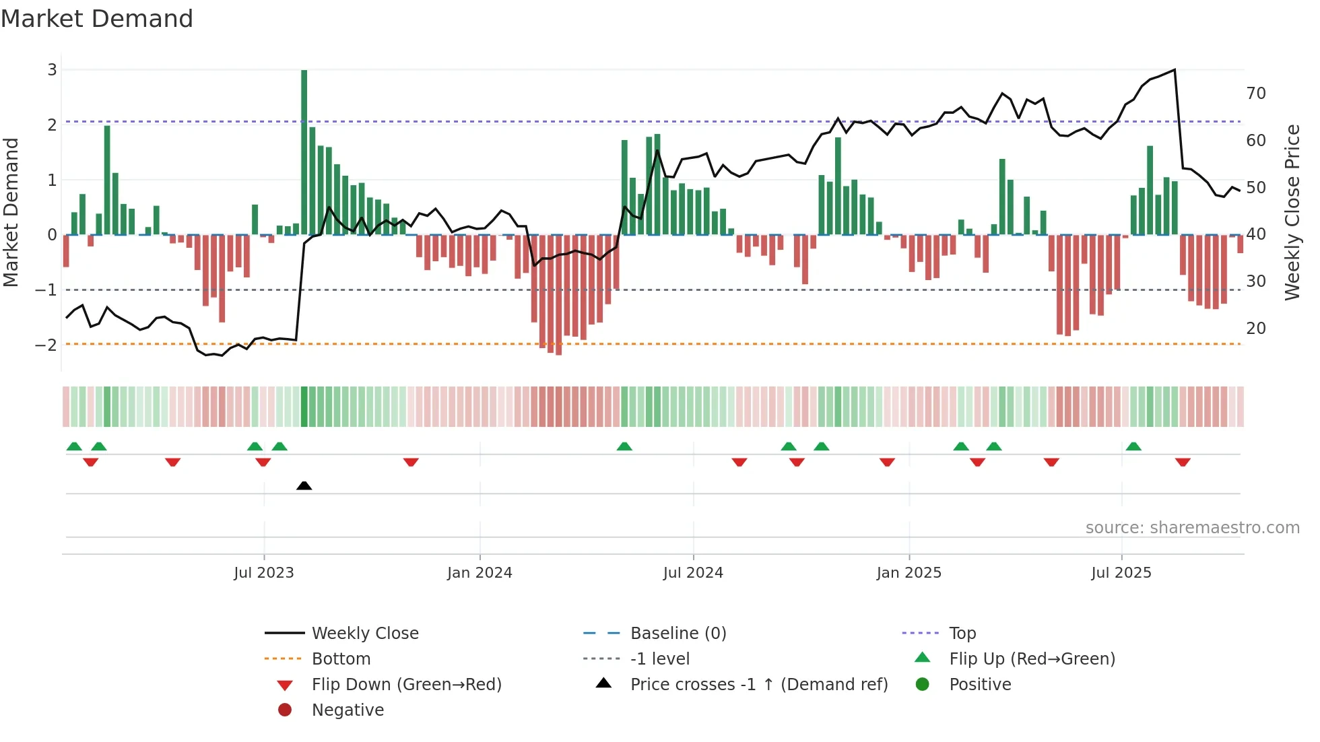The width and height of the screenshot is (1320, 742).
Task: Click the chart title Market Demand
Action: pos(97,19)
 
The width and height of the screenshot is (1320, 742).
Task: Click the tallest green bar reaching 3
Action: pos(304,151)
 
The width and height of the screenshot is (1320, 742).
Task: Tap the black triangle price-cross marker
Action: pos(304,485)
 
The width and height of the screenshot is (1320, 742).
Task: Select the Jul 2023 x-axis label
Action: pos(264,573)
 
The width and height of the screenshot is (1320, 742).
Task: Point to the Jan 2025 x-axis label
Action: pos(909,573)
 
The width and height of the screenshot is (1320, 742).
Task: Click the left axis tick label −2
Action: pos(46,345)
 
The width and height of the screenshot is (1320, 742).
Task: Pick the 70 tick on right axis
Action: pos(1256,94)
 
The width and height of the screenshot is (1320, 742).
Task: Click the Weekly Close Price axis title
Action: pos(1292,212)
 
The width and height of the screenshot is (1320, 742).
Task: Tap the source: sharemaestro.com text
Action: pos(1192,528)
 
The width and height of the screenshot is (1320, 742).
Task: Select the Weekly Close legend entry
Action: pos(364,634)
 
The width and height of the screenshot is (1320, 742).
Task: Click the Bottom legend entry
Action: pos(341,659)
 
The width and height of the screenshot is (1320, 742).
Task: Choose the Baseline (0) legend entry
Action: pos(678,634)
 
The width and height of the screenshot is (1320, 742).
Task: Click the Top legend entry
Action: pos(962,634)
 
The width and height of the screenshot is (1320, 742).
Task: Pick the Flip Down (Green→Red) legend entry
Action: pos(406,685)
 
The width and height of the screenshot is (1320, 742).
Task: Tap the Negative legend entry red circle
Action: pos(285,710)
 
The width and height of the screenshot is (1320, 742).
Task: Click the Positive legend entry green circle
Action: pos(923,685)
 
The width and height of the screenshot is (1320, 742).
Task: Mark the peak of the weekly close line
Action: pos(1175,70)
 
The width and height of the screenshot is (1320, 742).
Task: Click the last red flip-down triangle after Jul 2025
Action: pos(1183,462)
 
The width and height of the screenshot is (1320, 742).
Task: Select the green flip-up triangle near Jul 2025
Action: pos(1133,446)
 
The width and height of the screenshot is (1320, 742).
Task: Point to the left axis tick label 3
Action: pos(52,70)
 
